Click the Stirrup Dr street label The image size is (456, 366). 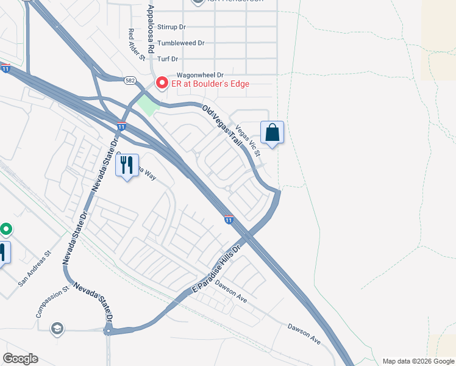coord(171,27)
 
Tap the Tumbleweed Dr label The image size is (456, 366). coord(180,43)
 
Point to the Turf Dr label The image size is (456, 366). coord(167,59)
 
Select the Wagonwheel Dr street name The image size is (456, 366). coord(184,74)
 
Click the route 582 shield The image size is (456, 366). coord(130,80)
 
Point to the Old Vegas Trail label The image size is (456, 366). coord(223,124)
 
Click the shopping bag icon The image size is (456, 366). coord(272,133)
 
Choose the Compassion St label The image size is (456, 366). coord(51,303)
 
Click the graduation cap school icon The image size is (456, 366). coord(58,329)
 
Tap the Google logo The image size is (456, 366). coord(20,359)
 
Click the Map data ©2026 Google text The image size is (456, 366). coord(418,361)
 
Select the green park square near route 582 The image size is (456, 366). coord(147,104)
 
